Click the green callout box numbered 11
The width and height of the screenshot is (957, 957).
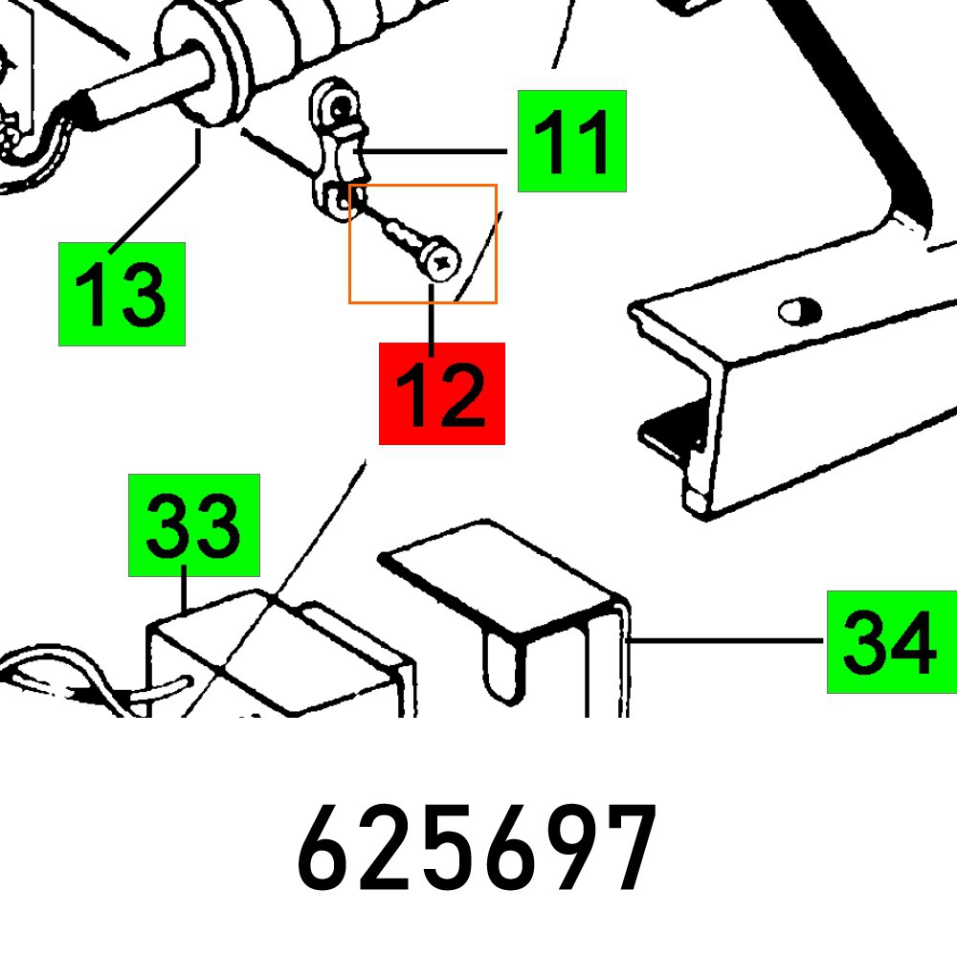571,141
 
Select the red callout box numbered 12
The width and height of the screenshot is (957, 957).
441,393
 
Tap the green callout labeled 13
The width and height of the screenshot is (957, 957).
122,294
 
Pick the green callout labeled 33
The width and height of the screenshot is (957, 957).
194,524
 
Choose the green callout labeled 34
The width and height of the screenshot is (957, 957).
890,641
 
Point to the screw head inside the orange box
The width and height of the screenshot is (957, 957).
441,259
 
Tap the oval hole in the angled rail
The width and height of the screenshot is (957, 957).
799,310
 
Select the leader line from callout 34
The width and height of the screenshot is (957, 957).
727,641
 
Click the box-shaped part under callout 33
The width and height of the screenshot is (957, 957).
278,660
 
